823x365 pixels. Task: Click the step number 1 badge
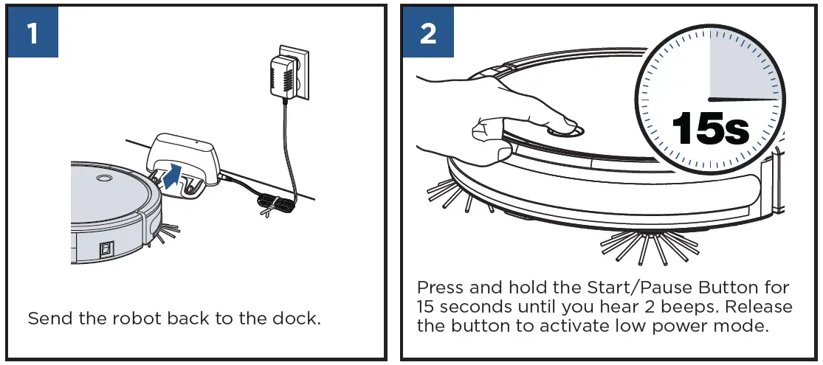coord(32,33)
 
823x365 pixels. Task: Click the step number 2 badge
coord(427,33)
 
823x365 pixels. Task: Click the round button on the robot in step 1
coord(103,178)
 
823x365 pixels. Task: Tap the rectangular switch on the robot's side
coord(108,249)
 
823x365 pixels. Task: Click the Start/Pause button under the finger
coord(565,131)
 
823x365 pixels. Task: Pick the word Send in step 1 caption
coord(47,319)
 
